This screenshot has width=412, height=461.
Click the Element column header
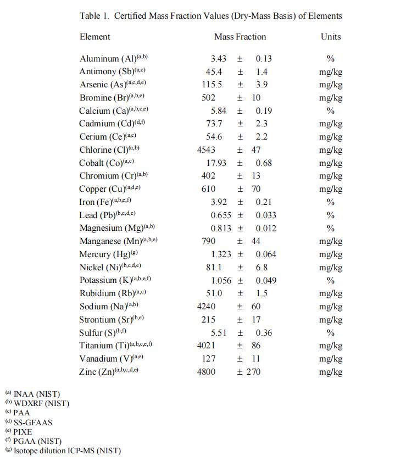click(94, 37)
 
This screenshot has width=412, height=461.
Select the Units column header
click(331, 37)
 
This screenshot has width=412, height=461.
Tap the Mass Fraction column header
click(240, 37)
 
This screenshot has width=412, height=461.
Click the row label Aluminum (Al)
click(108, 59)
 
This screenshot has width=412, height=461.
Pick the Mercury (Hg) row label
click(104, 254)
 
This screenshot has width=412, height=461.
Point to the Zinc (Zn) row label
click(100, 372)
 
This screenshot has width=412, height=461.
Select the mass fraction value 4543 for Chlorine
click(206, 150)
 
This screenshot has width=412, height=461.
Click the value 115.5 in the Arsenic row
click(212, 85)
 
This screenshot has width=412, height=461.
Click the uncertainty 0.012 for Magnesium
click(266, 229)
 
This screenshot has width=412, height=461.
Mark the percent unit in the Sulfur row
click(331, 333)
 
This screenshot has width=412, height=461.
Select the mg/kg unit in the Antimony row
click(331, 72)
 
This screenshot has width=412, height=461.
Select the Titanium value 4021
click(206, 346)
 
